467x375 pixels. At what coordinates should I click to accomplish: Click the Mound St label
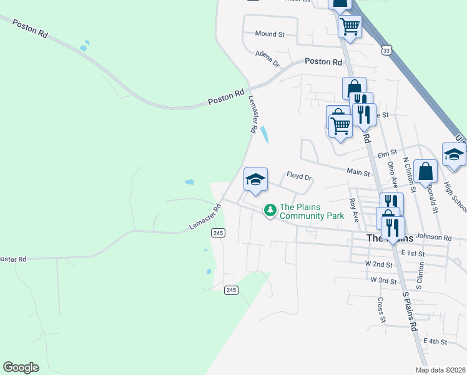coord(270,34)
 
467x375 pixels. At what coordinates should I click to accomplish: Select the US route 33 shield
coord(387,50)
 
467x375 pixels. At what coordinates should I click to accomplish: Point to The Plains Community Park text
coord(312,211)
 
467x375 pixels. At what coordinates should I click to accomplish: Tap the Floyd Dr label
coord(298,177)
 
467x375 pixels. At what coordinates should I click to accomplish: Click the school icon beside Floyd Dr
coord(255,180)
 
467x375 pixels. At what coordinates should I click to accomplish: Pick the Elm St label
coord(387,153)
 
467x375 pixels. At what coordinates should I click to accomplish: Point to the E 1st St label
coord(413,253)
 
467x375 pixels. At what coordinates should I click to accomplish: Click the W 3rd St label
coord(383,280)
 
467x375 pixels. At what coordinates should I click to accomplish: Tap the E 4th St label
coord(435,341)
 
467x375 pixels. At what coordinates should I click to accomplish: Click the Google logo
coord(21,367)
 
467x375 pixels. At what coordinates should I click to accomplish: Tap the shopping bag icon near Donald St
coord(425,171)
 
